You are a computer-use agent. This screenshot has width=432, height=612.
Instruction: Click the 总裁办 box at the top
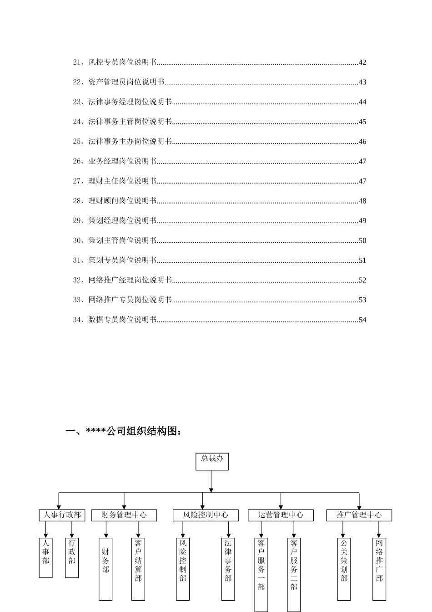click(212, 461)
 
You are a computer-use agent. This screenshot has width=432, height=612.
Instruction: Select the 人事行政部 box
click(62, 515)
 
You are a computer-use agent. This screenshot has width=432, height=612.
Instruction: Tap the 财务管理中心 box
click(124, 515)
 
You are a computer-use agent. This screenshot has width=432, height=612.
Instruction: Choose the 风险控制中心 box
click(206, 515)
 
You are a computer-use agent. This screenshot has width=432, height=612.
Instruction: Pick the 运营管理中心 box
click(281, 515)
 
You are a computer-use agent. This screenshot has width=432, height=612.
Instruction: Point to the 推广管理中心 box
click(359, 515)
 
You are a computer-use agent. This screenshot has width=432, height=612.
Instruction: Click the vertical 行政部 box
click(72, 557)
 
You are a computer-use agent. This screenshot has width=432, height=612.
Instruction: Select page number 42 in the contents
click(362, 62)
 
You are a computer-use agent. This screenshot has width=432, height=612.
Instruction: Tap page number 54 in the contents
click(362, 320)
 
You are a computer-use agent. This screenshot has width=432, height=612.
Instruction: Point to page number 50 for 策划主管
click(362, 240)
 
